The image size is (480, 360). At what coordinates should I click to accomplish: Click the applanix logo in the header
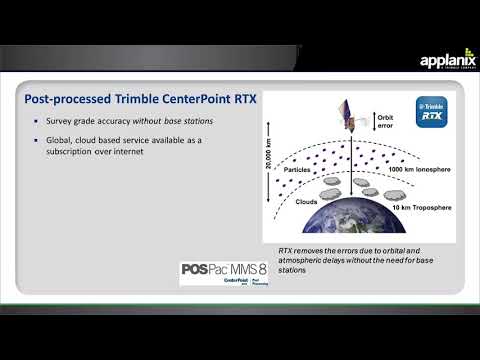(447, 62)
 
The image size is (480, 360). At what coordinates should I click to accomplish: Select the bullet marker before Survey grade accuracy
(36, 122)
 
